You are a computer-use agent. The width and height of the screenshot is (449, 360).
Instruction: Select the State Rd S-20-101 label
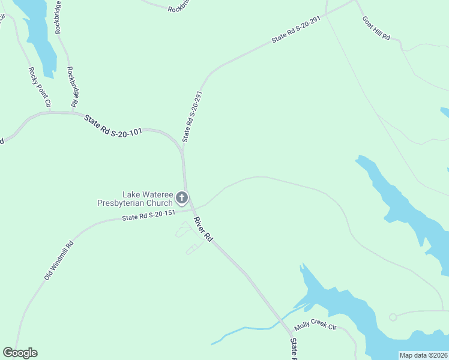point(113,125)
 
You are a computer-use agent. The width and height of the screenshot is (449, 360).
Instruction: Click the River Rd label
point(203,230)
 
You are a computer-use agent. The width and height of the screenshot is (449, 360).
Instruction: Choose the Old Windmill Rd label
point(58,260)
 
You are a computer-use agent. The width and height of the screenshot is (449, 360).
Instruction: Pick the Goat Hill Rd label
point(376,28)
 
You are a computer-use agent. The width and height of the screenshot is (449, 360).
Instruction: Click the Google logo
point(20,353)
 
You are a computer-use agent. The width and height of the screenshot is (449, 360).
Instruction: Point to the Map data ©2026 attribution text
point(423,355)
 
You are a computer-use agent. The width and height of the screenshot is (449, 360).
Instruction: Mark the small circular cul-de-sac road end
point(393,317)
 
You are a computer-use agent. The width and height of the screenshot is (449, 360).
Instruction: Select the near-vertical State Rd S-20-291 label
point(190,117)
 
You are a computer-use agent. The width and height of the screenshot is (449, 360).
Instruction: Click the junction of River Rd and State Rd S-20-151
point(191,211)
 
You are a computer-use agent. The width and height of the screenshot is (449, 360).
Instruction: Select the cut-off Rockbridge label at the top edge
point(178,8)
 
